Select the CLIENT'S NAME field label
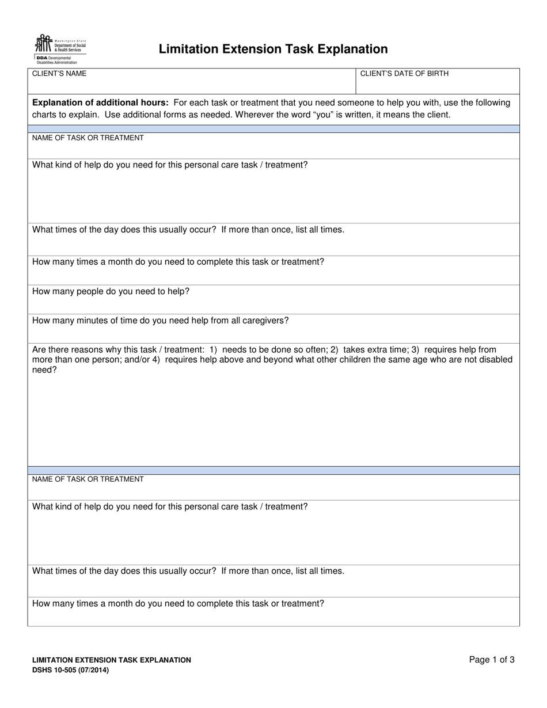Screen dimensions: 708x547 click(x=59, y=74)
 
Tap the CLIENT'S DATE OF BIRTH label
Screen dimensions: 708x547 click(x=404, y=74)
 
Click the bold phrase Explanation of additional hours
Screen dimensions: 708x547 click(x=100, y=102)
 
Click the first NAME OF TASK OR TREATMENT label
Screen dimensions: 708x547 click(x=88, y=138)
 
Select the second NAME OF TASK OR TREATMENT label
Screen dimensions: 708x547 click(x=88, y=479)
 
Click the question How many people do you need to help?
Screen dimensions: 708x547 click(x=111, y=291)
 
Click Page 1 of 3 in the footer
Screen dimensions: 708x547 click(x=492, y=660)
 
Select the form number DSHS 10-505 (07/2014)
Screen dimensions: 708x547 click(x=70, y=670)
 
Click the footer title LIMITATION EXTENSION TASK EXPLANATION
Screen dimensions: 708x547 click(x=112, y=660)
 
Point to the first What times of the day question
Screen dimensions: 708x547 click(x=188, y=230)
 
